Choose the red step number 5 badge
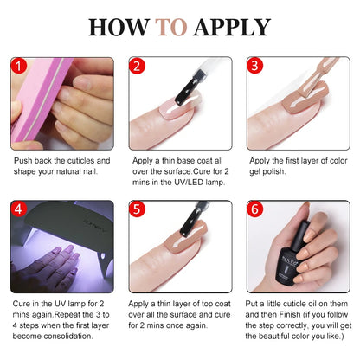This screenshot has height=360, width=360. click(x=137, y=210)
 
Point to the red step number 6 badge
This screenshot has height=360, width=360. click(x=254, y=210)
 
